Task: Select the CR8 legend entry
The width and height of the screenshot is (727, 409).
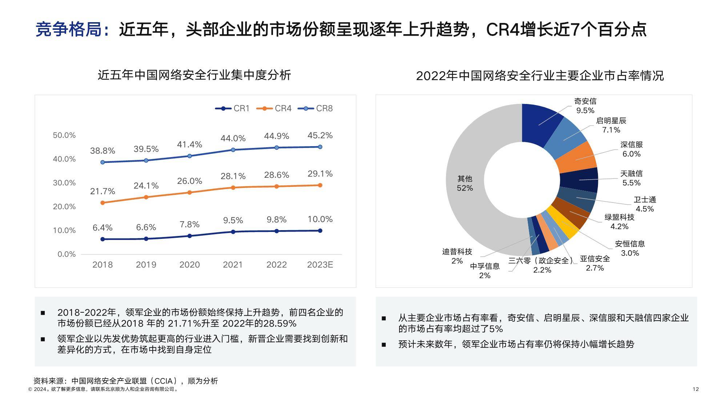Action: [x=316, y=108]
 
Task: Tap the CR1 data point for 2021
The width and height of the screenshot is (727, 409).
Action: [x=233, y=232]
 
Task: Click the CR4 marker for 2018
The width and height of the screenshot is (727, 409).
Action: [x=103, y=203]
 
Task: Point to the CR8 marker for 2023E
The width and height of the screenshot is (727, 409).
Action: [x=320, y=147]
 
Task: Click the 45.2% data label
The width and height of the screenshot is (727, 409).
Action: [x=320, y=136]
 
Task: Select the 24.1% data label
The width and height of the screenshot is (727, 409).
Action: [x=146, y=186]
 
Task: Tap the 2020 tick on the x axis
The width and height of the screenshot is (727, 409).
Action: [x=189, y=265]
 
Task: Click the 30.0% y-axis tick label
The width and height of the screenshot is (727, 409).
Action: [x=64, y=183]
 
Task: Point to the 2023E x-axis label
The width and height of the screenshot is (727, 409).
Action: [x=320, y=265]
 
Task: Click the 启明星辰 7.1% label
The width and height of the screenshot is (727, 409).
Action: [x=611, y=125]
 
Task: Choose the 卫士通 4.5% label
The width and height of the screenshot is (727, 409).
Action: [x=644, y=204]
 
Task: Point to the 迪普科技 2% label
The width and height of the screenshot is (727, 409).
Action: [x=457, y=256]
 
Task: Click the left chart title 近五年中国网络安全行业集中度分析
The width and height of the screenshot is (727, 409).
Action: [x=194, y=75]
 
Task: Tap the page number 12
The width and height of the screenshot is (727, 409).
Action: [x=695, y=389]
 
